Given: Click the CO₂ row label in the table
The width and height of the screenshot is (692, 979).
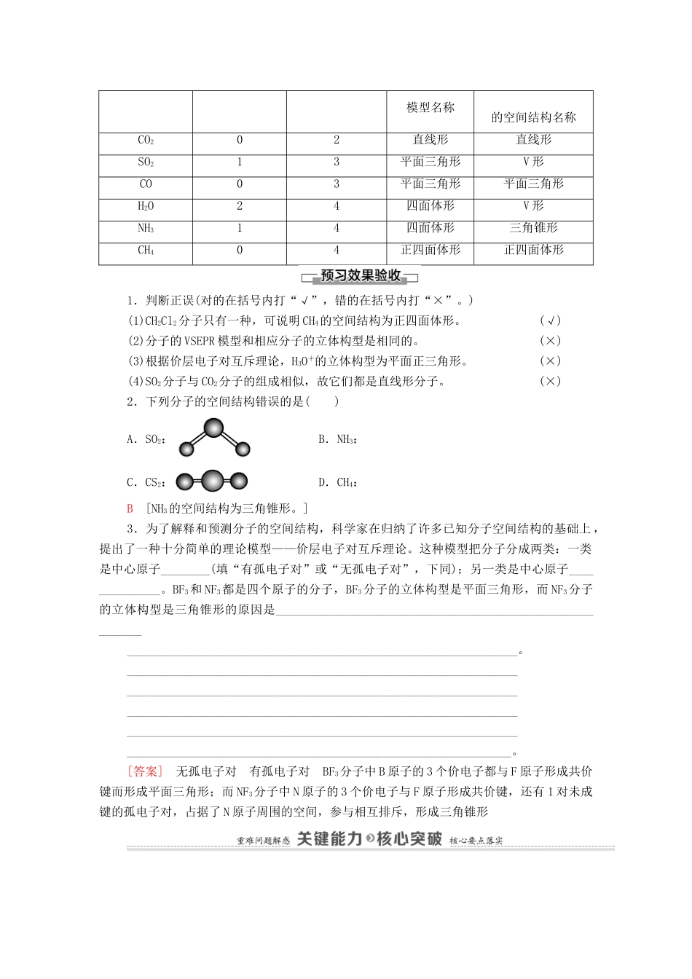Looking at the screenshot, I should tap(146, 141).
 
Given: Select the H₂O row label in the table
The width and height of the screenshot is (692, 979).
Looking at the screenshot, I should tap(146, 206).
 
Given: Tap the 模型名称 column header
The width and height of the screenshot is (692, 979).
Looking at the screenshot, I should tap(430, 108).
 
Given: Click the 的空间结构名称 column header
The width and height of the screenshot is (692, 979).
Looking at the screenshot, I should tap(533, 117).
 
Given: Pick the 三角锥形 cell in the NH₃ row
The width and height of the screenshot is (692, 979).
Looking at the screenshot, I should tap(533, 228).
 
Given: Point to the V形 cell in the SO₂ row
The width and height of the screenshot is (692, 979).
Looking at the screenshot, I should tap(533, 162).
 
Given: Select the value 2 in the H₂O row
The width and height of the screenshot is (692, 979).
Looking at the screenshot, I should tap(240, 206).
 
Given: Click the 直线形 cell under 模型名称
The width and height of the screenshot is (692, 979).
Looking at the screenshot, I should tap(430, 140).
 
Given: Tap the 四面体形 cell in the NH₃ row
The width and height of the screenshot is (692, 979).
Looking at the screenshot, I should tap(430, 228).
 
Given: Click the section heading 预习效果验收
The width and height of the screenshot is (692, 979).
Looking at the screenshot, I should tap(361, 276).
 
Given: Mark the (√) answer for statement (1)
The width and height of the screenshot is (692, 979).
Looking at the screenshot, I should tap(550, 321).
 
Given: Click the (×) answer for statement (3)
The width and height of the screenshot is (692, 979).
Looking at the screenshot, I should tap(550, 361).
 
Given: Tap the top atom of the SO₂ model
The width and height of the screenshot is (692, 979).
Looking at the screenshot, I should tap(213, 428).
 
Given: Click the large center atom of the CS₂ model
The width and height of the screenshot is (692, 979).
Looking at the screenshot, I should tap(212, 481).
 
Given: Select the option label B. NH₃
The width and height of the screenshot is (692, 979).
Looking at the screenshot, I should tap(337, 439).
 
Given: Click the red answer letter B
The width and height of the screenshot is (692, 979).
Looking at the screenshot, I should tap(130, 509).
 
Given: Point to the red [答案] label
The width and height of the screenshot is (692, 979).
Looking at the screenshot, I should tap(144, 771).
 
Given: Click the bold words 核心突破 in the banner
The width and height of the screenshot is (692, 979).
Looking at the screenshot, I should tap(409, 838).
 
